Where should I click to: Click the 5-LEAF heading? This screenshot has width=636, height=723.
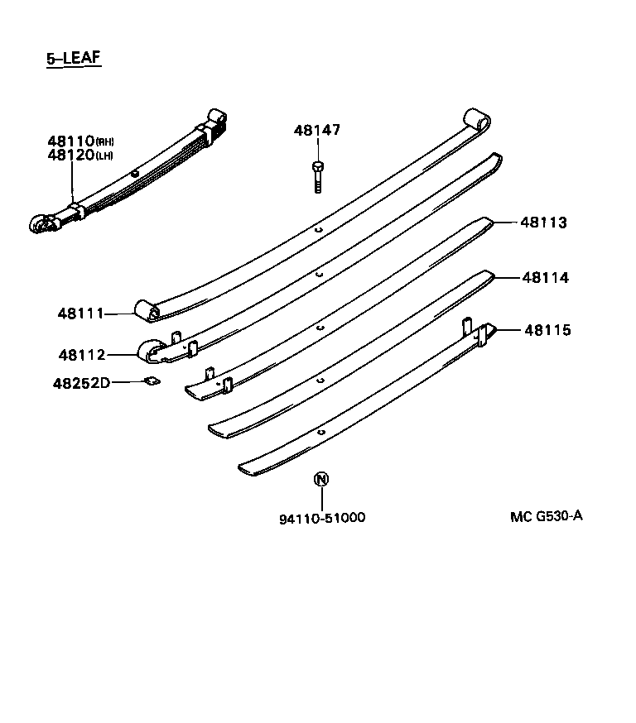74,59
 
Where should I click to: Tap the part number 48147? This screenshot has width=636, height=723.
316,130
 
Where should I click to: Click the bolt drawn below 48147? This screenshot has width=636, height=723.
318,176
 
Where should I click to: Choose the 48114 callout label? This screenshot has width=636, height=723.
545,278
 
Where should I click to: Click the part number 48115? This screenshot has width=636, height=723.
547,330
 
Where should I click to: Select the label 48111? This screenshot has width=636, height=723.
80,314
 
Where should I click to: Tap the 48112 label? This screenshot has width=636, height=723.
81,355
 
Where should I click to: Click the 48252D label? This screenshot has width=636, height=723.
81,383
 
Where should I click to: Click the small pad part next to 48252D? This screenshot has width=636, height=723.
151,381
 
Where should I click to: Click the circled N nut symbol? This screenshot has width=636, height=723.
321,480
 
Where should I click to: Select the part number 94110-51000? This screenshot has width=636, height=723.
321,518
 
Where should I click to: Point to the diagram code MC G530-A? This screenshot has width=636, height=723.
547,516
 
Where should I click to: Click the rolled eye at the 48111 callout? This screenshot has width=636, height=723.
148,311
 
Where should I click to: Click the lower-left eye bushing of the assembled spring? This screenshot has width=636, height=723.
40,224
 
